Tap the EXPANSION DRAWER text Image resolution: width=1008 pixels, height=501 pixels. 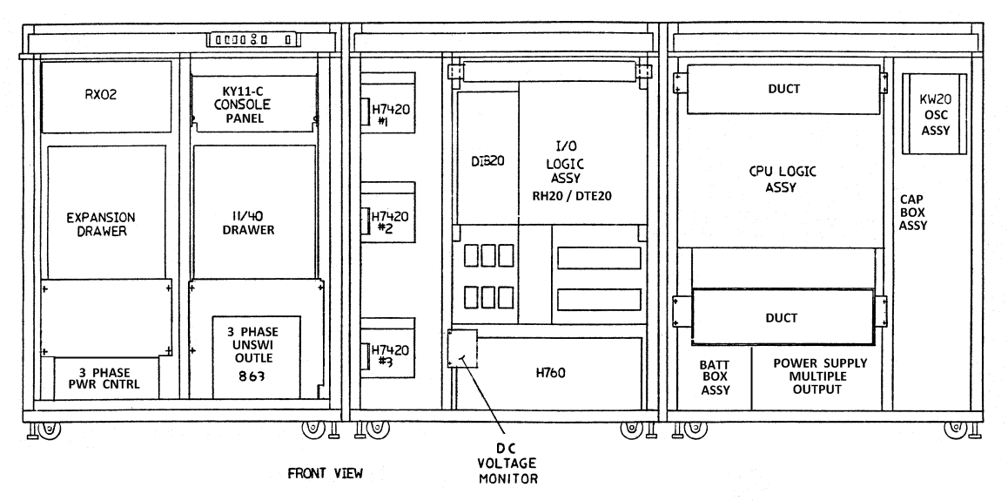click(105, 222)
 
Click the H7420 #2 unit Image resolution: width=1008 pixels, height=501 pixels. click(389, 222)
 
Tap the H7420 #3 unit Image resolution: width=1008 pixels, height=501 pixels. click(389, 355)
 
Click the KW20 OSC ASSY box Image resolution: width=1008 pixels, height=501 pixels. click(935, 112)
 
